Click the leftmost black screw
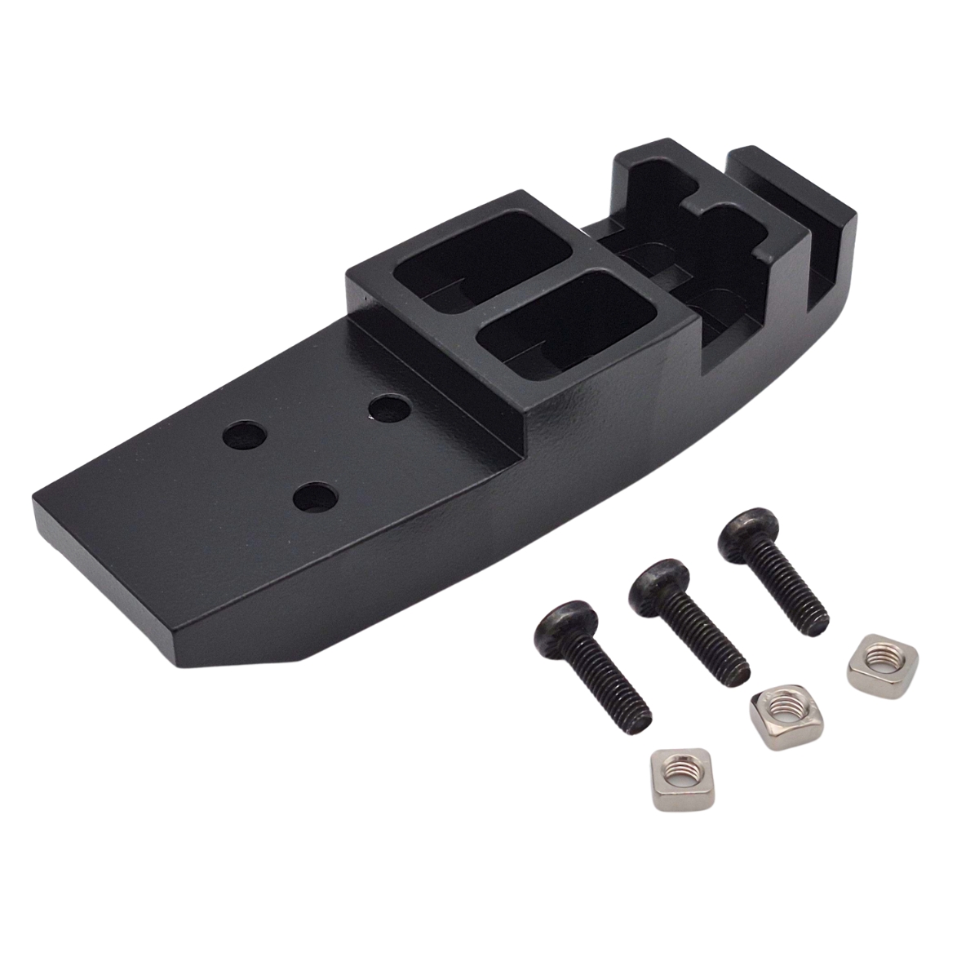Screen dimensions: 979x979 pyautogui.click(x=596, y=664)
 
